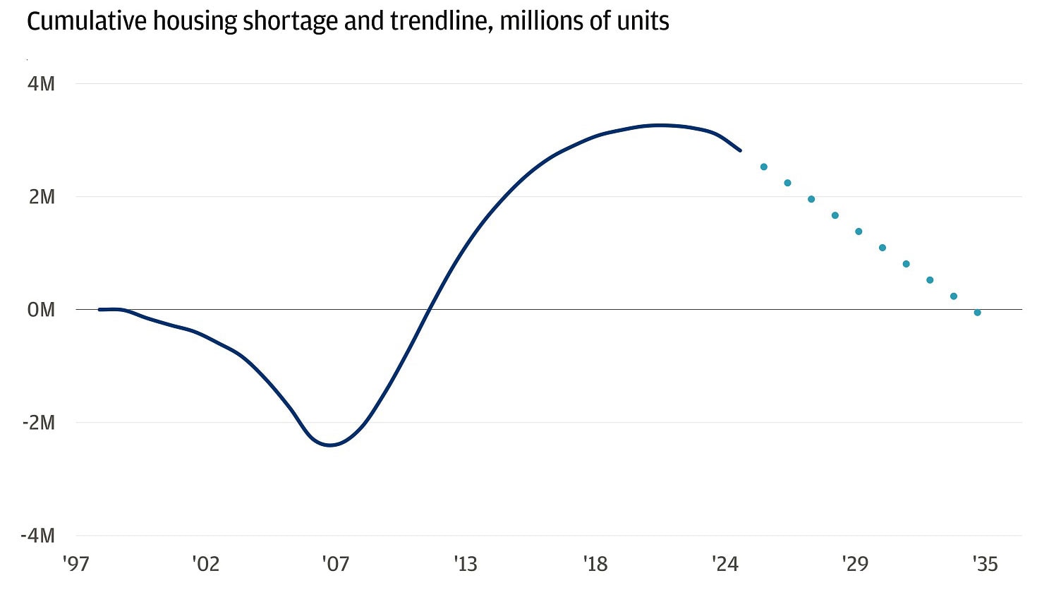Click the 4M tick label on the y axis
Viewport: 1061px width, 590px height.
[x=42, y=84]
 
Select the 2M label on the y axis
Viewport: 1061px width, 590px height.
[x=42, y=197]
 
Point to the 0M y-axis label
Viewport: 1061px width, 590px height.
[x=41, y=310]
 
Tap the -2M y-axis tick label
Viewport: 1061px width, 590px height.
[x=38, y=423]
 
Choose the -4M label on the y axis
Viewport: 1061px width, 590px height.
[x=38, y=536]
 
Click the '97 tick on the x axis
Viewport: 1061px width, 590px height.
[x=75, y=564]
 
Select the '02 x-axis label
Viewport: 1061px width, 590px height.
[x=205, y=564]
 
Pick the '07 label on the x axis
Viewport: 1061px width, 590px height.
[x=335, y=564]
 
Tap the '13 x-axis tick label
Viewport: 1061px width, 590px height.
[x=465, y=564]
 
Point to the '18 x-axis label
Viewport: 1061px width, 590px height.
[x=595, y=564]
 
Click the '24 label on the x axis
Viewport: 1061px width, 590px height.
[x=724, y=564]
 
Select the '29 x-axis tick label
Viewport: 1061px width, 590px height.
[x=854, y=564]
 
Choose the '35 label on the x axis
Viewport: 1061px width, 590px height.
[x=984, y=564]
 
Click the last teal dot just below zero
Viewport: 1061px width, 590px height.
[x=977, y=313]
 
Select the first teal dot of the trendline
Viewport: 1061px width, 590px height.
[x=763, y=167]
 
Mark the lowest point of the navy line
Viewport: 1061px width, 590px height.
[x=329, y=445]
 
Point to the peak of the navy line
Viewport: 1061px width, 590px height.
[x=660, y=126]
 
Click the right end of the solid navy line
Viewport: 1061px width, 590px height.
[x=739, y=150]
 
